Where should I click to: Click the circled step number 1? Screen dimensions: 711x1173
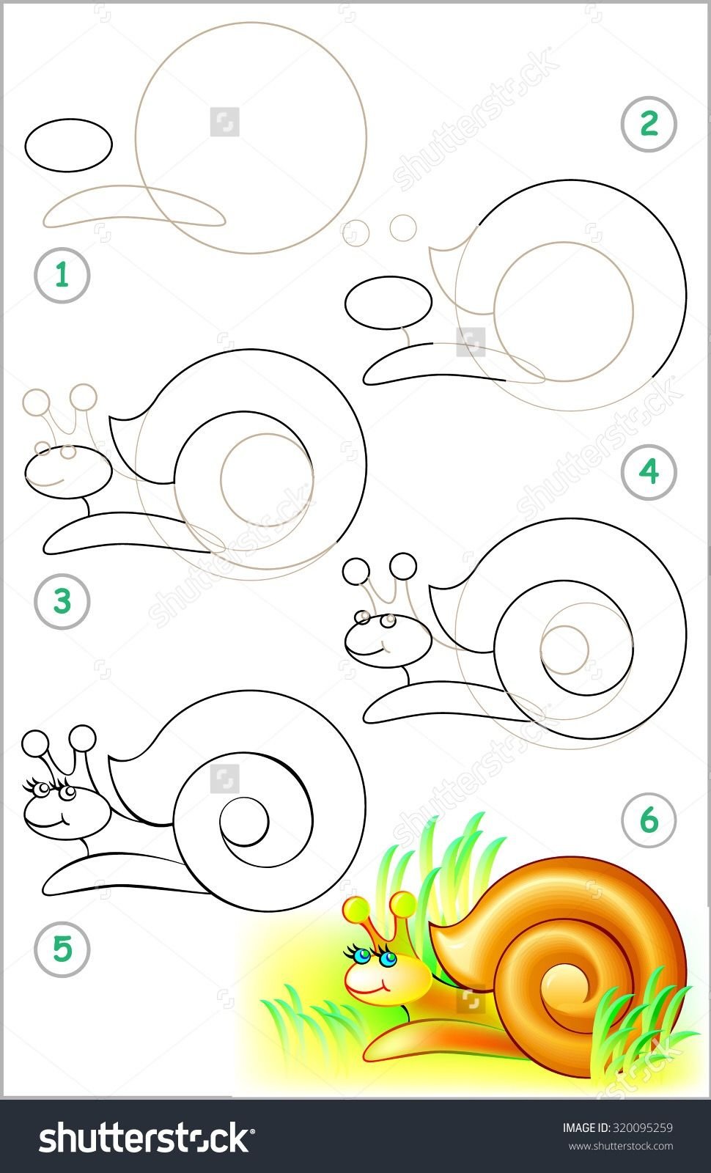click(62, 275)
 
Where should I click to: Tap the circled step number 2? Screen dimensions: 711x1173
click(649, 124)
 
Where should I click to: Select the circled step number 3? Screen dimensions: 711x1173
click(62, 600)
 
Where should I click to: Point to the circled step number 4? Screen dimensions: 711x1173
click(649, 472)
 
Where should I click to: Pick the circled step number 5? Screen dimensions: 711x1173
click(62, 949)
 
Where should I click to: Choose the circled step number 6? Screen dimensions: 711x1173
click(649, 820)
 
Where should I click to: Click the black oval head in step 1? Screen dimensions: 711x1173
click(69, 145)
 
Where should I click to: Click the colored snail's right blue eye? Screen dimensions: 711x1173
click(388, 959)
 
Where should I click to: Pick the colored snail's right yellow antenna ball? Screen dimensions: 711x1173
click(403, 905)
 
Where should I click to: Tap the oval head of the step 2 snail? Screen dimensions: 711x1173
click(388, 303)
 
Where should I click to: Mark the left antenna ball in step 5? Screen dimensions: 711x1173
click(36, 743)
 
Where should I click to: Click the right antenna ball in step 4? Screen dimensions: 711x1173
click(403, 565)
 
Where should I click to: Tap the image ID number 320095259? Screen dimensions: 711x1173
click(642, 1128)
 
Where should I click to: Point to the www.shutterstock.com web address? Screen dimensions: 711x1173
click(620, 1146)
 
